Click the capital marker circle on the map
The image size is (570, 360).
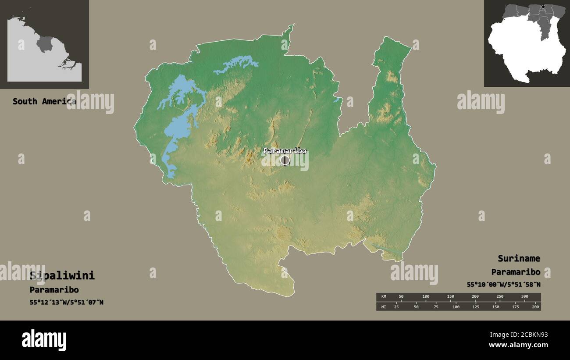coord(285,160)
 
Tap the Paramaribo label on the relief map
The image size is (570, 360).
coord(285,151)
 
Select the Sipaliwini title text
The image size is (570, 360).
coord(62,276)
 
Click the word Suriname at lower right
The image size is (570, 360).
coord(519,258)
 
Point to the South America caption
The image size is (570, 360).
coord(44,101)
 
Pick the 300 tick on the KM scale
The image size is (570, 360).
coord(524,297)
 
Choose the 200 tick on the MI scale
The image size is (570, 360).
coord(535,307)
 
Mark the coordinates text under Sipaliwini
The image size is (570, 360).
coord(67,302)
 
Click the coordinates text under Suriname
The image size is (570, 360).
coord(503,285)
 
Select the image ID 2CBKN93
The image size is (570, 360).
coord(527,335)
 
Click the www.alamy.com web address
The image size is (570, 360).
coord(517,345)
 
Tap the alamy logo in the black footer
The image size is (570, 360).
coord(44,340)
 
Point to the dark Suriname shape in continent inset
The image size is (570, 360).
coord(44,44)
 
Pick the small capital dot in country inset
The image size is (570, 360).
coord(543,7)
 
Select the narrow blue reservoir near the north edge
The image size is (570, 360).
coord(237,64)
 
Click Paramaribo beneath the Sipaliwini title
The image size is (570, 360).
coord(54,290)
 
